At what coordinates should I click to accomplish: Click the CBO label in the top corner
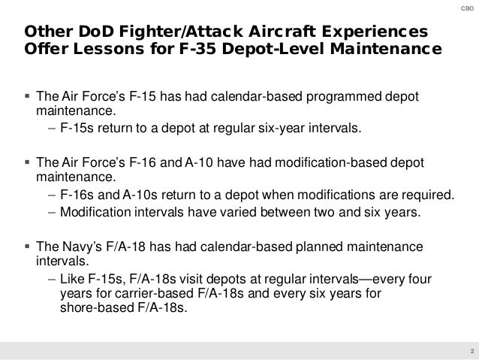tap(465, 8)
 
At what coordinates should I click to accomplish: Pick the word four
tap(431, 279)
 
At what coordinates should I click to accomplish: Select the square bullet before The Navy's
tap(27, 247)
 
